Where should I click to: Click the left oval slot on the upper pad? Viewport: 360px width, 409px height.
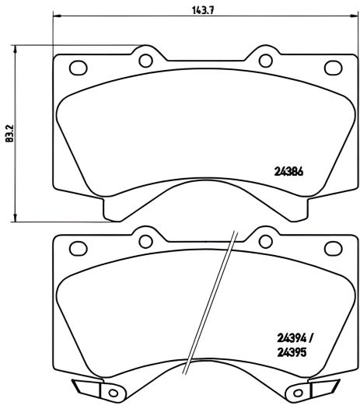coord(78,68)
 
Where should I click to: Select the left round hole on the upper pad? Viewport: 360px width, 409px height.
coord(145,59)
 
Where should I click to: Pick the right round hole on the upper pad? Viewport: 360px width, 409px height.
coord(264,59)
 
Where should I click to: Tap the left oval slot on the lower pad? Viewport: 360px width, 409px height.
coord(78,249)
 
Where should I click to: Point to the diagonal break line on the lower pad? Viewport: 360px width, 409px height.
coord(220,311)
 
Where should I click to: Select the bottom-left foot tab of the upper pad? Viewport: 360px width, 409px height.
coord(115,208)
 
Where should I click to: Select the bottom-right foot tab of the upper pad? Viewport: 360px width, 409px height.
coord(294,208)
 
